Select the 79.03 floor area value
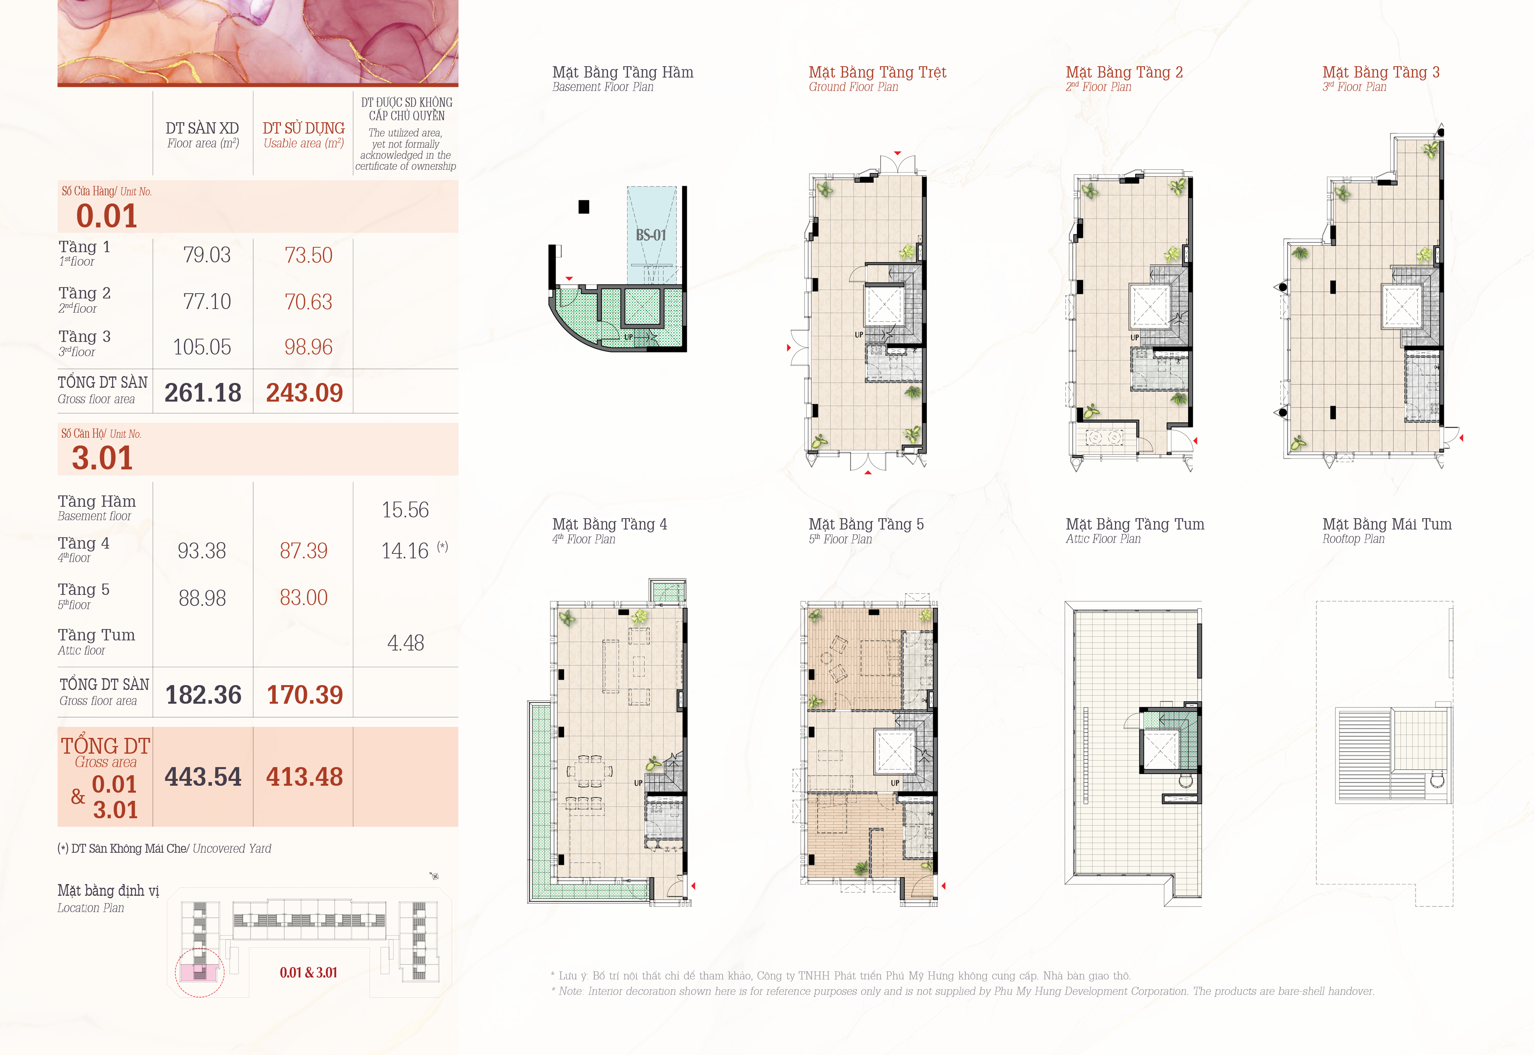pos(207,255)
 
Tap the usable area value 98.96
pos(308,347)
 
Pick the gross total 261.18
pos(203,393)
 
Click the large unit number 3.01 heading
pos(103,458)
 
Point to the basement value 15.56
pos(405,510)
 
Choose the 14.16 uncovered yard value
pos(405,551)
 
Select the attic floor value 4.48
pos(405,642)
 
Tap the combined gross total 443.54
pos(203,777)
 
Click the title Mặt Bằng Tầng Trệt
pos(878,72)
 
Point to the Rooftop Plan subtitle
pos(1354,539)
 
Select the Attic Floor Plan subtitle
pos(1103,539)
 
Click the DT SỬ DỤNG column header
pos(304,128)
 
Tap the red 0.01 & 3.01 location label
pos(308,972)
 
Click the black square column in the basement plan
pos(584,207)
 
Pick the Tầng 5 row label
pos(83,590)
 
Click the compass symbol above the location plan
pos(434,876)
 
